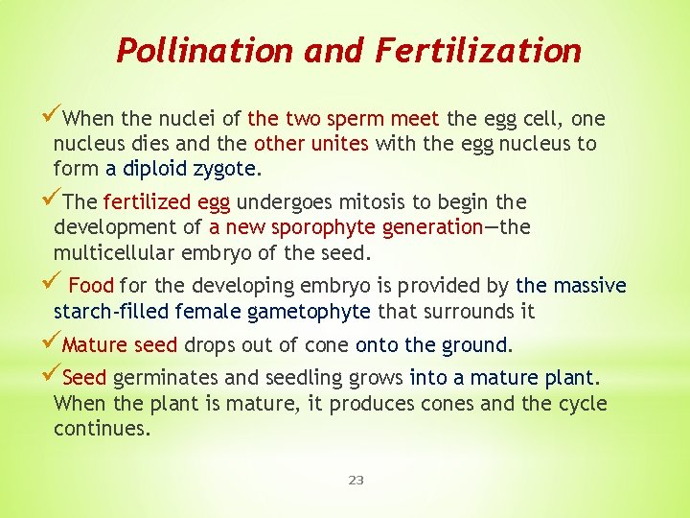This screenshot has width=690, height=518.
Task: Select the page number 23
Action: pyautogui.click(x=356, y=480)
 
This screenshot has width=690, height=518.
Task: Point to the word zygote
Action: pyautogui.click(x=225, y=169)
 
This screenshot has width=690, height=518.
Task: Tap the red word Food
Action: pyautogui.click(x=91, y=286)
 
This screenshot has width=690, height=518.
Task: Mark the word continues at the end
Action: pyautogui.click(x=102, y=428)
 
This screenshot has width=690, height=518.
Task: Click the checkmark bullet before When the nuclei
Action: pyautogui.click(x=53, y=118)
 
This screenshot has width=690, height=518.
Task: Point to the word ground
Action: pyautogui.click(x=479, y=345)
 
